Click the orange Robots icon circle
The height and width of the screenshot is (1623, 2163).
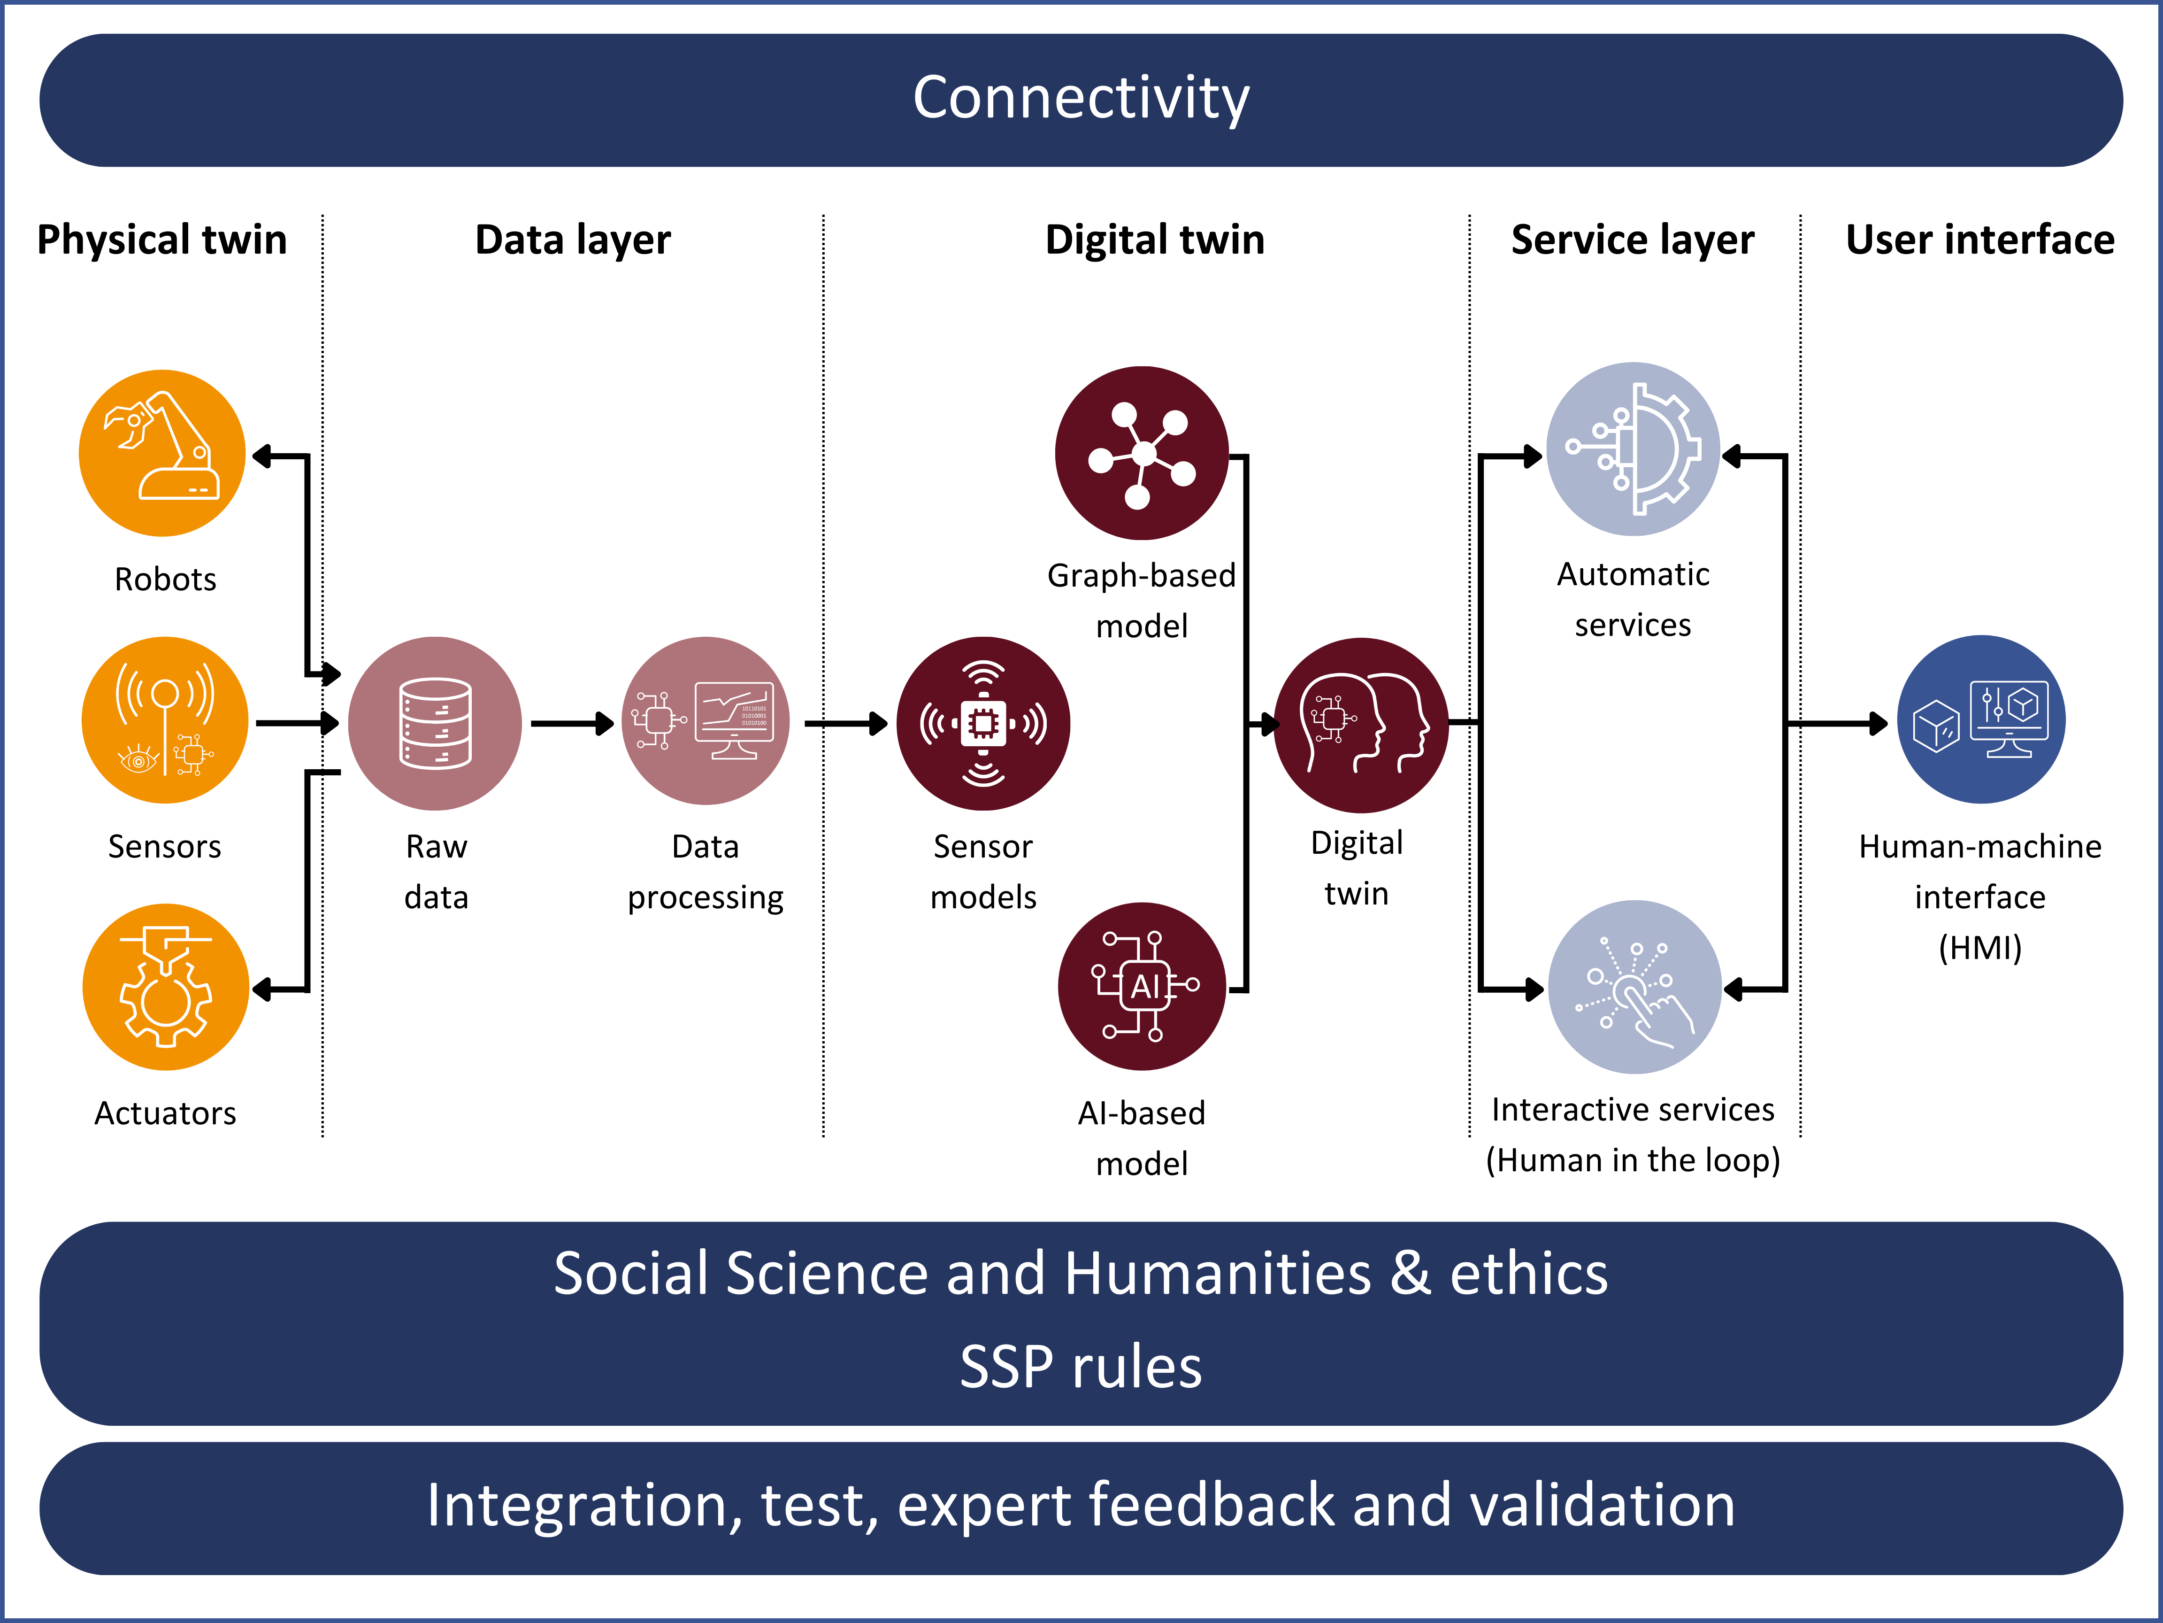pyautogui.click(x=162, y=453)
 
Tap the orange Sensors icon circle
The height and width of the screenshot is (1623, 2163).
pyautogui.click(x=164, y=720)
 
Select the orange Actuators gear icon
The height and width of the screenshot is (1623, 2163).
pyautogui.click(x=165, y=987)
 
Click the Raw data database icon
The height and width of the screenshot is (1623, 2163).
pyautogui.click(x=435, y=724)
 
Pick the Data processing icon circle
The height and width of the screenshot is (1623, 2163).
pyautogui.click(x=706, y=721)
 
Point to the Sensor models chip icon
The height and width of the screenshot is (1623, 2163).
pyautogui.click(x=983, y=724)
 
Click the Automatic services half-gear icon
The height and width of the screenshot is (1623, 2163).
pyautogui.click(x=1633, y=449)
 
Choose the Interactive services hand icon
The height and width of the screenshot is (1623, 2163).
pyautogui.click(x=1635, y=987)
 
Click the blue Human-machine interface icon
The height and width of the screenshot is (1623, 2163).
pyautogui.click(x=1981, y=720)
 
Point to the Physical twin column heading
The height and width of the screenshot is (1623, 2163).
pyautogui.click(x=162, y=240)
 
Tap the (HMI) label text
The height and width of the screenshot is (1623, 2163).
pyautogui.click(x=1980, y=947)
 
